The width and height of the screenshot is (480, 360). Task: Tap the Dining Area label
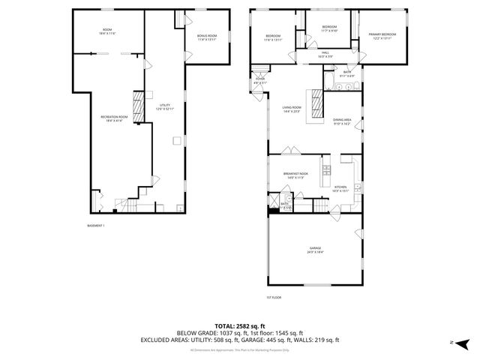point(343,121)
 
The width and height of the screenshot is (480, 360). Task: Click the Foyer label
point(260,80)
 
